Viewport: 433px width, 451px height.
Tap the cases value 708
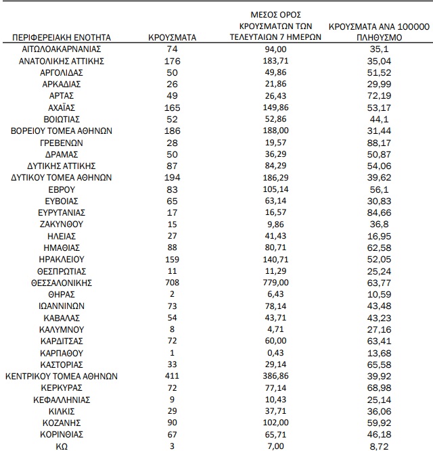pos(172,282)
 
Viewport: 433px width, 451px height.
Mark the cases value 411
pos(172,376)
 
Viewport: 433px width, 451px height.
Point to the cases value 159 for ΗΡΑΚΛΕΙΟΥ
pos(172,258)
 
